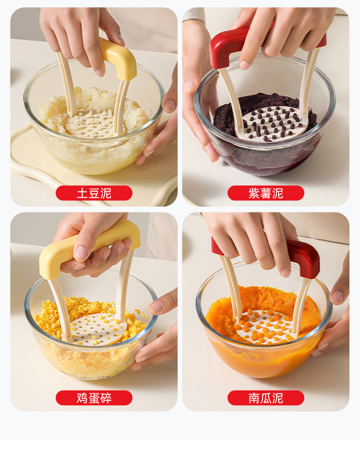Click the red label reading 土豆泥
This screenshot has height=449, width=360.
(94, 193)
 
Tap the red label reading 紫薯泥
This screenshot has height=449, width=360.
(266, 193)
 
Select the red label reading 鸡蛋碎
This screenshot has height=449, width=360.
(94, 398)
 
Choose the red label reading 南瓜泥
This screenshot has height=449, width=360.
(266, 398)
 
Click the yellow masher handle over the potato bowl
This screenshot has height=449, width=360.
(120, 58)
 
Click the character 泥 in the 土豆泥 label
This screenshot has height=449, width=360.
(106, 193)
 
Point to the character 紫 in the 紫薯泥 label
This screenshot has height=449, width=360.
(254, 193)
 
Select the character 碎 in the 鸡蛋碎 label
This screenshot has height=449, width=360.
(106, 398)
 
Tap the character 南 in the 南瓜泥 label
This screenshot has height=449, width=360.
(254, 398)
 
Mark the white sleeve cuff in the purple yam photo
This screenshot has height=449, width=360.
(193, 14)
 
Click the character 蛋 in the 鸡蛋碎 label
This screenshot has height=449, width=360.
(94, 398)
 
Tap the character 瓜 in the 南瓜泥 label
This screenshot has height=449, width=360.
(266, 398)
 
